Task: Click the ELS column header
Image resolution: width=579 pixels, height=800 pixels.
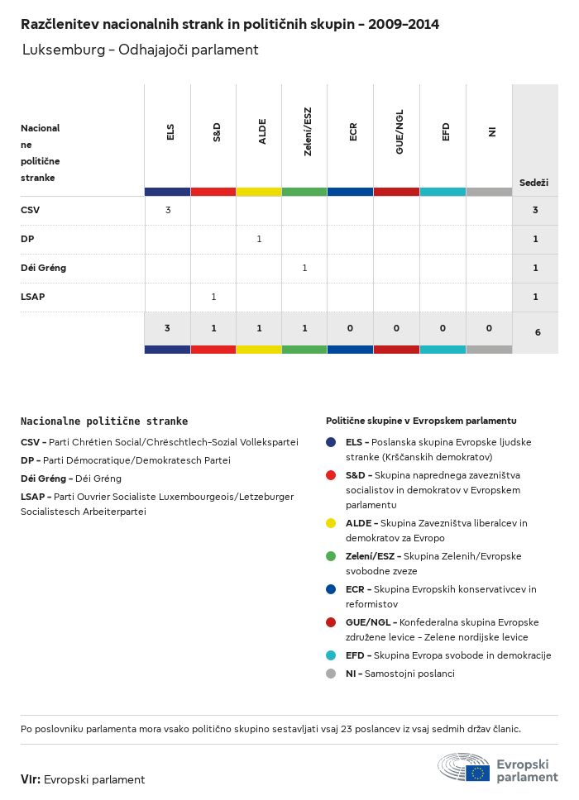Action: tap(170, 132)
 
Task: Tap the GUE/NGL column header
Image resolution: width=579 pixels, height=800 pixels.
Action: tap(400, 132)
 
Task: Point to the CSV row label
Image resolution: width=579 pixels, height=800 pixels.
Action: tap(31, 210)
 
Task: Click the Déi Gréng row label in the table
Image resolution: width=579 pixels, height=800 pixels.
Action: tap(43, 268)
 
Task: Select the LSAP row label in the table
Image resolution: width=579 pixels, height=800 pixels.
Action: tap(32, 297)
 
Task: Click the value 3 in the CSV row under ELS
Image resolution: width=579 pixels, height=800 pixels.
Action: tap(168, 210)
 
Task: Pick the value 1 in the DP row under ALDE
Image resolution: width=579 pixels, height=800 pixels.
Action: tap(259, 239)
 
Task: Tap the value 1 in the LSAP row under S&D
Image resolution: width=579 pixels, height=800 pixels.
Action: tap(213, 297)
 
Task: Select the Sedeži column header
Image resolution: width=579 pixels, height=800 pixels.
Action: tap(534, 183)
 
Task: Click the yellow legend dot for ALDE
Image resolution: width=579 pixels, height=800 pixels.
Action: tap(331, 523)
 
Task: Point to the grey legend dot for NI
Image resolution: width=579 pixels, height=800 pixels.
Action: tap(331, 674)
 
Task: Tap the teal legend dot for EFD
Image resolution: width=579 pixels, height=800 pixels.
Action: tap(331, 655)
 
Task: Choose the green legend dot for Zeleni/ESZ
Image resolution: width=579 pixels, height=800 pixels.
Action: tap(331, 556)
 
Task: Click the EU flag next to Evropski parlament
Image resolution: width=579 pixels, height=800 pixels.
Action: tap(478, 774)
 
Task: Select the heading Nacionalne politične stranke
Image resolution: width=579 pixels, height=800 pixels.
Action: tap(104, 421)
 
